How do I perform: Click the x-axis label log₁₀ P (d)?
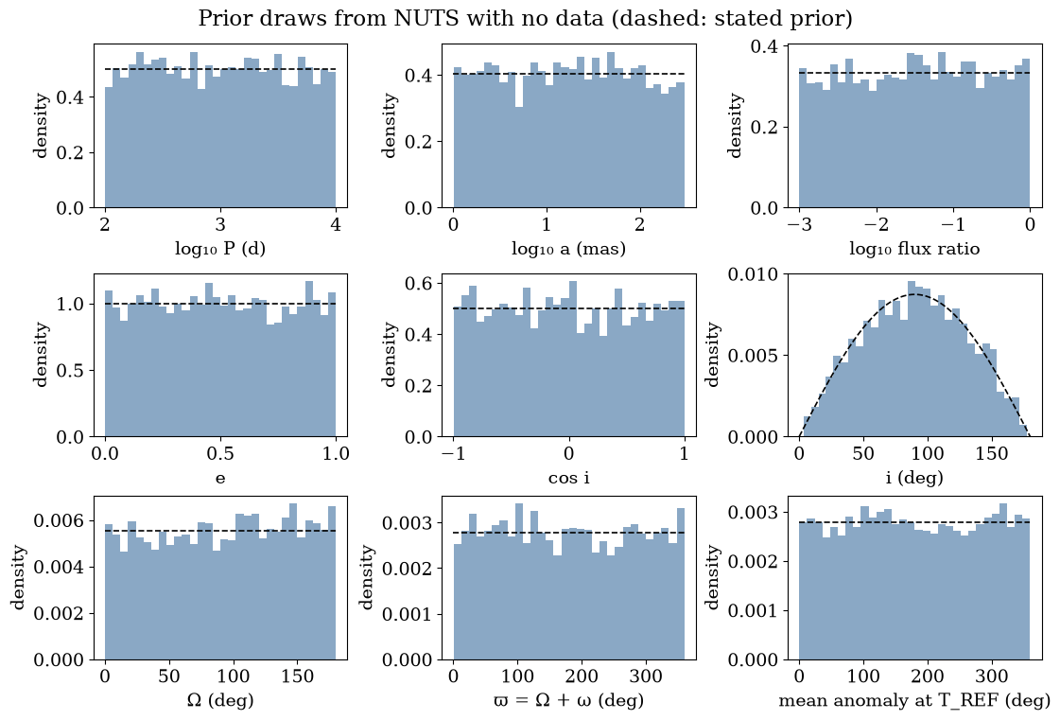[220, 249]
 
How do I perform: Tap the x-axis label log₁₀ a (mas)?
[568, 249]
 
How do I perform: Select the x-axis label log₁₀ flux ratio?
[914, 249]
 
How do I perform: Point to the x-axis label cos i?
[568, 478]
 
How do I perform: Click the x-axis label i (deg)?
[914, 478]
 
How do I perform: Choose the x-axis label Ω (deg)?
[220, 700]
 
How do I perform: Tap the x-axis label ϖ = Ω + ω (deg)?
[568, 700]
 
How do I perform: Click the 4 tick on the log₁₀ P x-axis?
[336, 224]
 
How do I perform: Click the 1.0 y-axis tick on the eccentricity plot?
[70, 304]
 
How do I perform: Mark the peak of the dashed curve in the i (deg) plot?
[914, 295]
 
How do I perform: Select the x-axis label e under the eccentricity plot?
[220, 479]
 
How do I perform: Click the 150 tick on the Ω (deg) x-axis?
[298, 676]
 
